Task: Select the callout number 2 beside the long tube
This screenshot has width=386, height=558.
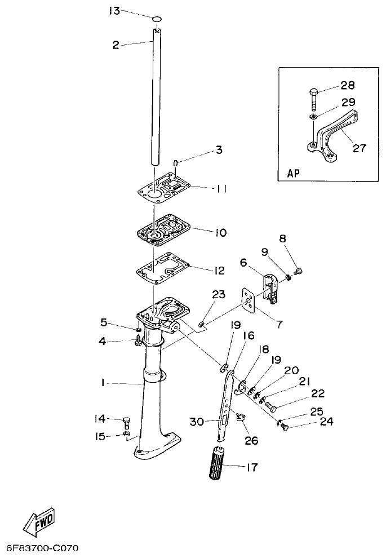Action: point(116,45)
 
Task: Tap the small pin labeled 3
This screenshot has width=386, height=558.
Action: point(176,163)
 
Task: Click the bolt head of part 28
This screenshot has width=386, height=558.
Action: point(314,91)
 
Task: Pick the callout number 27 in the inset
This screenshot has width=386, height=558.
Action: point(359,149)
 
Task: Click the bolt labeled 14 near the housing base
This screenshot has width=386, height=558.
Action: point(127,420)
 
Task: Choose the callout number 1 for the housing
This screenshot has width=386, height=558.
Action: point(104,383)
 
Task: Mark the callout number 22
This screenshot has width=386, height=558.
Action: point(317,393)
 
